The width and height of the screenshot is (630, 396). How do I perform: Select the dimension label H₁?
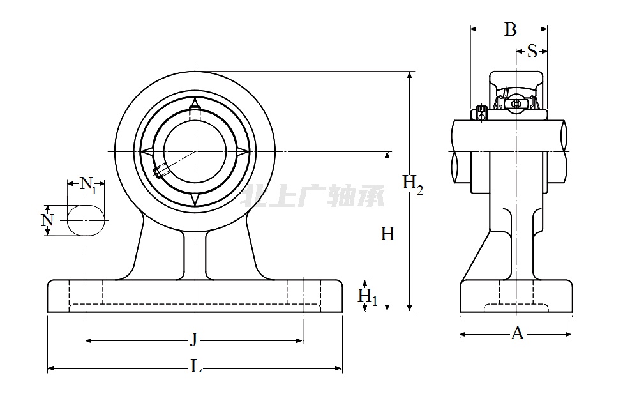[367, 297]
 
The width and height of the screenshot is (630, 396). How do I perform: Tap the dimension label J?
[193, 340]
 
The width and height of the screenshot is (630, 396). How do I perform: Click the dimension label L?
[197, 367]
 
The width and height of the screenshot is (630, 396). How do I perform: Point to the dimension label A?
[518, 333]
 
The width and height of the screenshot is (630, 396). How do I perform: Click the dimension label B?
[510, 29]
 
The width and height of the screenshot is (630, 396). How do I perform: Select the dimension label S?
[532, 52]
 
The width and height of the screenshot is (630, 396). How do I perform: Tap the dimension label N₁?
[89, 185]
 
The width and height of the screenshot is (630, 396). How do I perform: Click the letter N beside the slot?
[47, 220]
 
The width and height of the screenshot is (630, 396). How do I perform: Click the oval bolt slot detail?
[86, 220]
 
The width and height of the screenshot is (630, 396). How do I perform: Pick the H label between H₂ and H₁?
[387, 234]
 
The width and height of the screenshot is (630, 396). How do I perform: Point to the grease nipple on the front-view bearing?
[195, 110]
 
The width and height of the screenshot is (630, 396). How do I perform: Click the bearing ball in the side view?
[516, 103]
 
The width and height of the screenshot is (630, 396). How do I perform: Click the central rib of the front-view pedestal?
[195, 255]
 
